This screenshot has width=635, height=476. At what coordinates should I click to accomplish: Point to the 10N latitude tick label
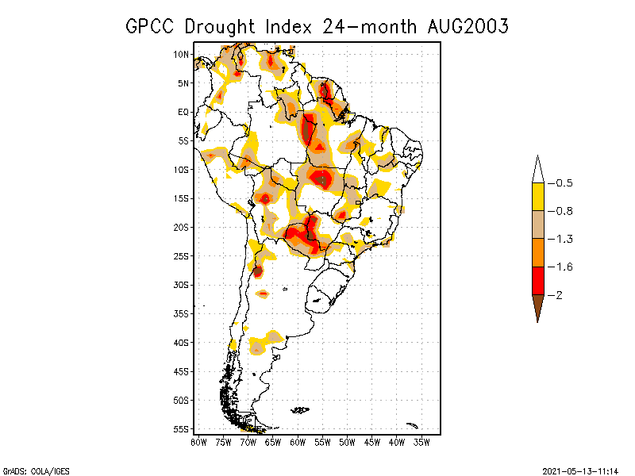click(x=181, y=54)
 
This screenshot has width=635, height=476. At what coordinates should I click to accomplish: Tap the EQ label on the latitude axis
click(x=183, y=112)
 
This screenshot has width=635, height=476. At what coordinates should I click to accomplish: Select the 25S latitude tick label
click(x=181, y=255)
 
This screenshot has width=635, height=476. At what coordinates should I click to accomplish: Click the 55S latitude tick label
click(x=181, y=428)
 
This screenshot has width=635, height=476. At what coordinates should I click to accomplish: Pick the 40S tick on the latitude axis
click(x=181, y=342)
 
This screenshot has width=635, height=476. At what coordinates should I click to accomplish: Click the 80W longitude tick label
click(x=198, y=442)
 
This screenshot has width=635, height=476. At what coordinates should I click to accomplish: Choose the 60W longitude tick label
click(x=298, y=442)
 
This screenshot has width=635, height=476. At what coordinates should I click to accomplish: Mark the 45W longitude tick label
click(x=372, y=442)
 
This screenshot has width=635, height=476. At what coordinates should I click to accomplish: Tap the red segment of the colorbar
click(x=537, y=280)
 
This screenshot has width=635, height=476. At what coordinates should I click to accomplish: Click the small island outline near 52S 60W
click(x=300, y=410)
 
